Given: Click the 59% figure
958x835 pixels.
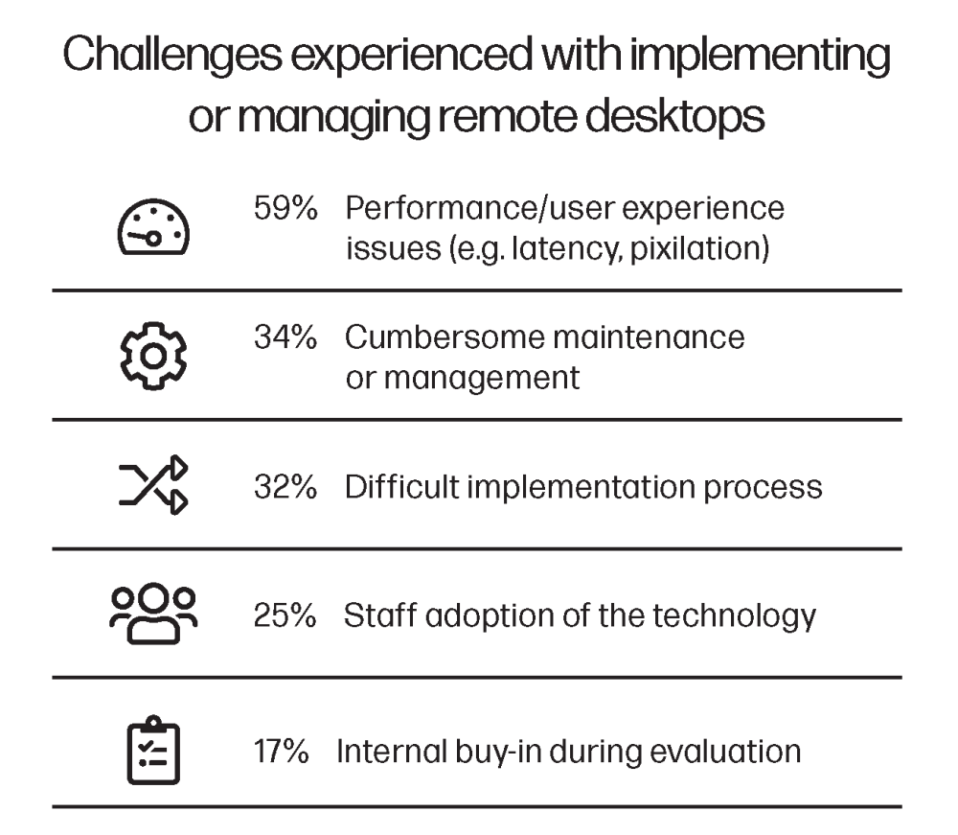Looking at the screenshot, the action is tap(285, 208).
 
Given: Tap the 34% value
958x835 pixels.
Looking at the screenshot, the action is tap(285, 337).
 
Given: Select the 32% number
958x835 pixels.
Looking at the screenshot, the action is tap(285, 487).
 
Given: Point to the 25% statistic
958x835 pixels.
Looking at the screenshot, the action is tap(285, 615).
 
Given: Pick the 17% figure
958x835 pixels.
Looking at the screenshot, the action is tap(282, 752).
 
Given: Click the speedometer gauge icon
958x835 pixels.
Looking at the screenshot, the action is tap(153, 227).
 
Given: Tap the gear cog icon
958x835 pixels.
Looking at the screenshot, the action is tap(153, 356).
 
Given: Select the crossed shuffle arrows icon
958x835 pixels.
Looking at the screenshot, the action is tap(153, 485).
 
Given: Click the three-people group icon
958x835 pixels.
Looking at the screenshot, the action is tap(153, 614).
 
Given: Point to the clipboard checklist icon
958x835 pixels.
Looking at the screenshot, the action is tap(153, 750).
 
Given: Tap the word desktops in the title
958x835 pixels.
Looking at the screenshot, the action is tap(675, 117).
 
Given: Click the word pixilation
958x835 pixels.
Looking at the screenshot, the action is tap(699, 249).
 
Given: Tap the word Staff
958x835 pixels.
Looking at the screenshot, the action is tap(380, 615).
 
